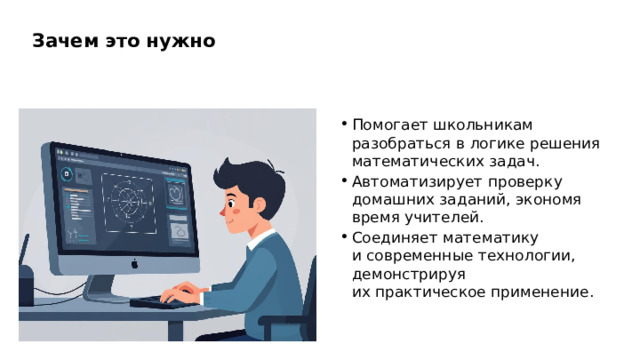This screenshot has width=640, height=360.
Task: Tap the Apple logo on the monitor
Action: point(132,264)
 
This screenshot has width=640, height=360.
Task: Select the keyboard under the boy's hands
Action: point(160,302)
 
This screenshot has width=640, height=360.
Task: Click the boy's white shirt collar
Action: point(263,240)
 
